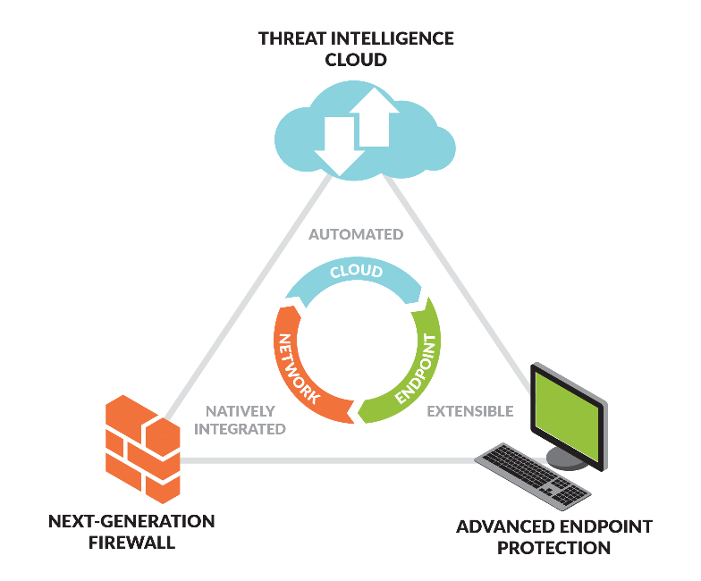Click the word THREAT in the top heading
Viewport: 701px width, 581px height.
(292, 38)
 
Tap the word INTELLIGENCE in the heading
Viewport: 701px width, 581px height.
(392, 38)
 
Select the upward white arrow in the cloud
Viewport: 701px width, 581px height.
(375, 117)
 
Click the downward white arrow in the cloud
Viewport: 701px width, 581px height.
(340, 146)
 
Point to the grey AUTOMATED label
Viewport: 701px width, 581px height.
(356, 234)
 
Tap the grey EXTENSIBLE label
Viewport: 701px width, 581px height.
(470, 411)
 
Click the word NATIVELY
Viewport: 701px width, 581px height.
(240, 411)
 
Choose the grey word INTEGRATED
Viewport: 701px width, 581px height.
(240, 429)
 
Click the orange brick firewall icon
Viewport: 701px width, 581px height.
(143, 449)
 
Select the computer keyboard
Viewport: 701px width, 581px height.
(533, 476)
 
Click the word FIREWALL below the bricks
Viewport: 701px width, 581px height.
(131, 543)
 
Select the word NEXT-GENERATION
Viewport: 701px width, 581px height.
(131, 521)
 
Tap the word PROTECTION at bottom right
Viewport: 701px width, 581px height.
(554, 548)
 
